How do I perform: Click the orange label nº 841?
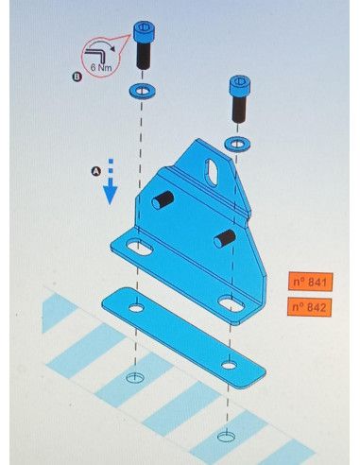tap(310, 282)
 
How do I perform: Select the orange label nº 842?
tap(310, 306)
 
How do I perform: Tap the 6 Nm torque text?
tap(101, 67)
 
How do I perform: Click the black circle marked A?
tap(96, 171)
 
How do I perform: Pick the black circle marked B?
tap(77, 77)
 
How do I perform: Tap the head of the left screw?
tap(144, 31)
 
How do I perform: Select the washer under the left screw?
tap(142, 91)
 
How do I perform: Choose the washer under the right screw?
tap(237, 144)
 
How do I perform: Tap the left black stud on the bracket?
tap(163, 199)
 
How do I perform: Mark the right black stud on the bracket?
tap(224, 238)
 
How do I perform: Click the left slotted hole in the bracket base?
tap(140, 248)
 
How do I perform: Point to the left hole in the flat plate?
tap(136, 308)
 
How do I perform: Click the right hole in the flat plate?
tap(229, 366)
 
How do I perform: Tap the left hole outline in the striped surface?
tap(135, 377)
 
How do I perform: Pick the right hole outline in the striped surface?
tap(226, 437)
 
